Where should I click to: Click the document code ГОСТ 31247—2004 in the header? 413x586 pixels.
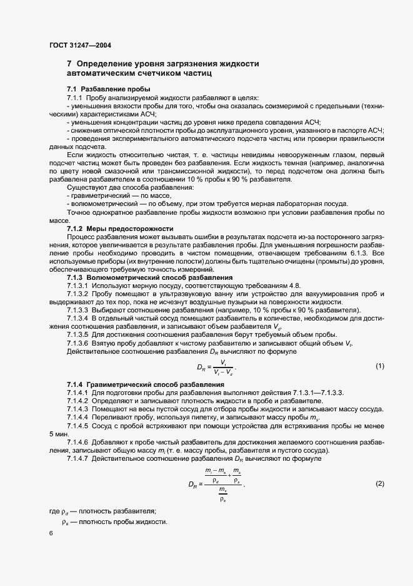tap(81, 46)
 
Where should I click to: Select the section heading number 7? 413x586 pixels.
tap(69, 64)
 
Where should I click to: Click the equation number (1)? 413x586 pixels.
tap(379, 366)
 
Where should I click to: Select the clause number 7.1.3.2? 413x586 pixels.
tap(79, 294)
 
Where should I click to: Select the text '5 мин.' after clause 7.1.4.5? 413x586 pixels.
tap(59, 433)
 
